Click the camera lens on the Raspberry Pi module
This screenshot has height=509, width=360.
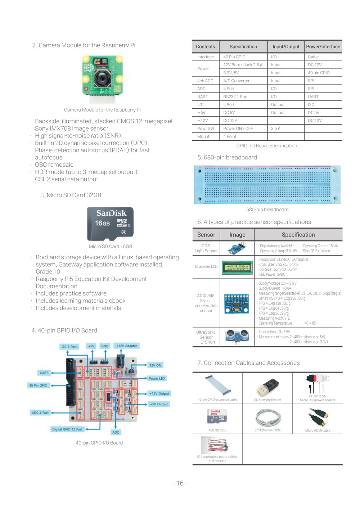pyautogui.click(x=103, y=78)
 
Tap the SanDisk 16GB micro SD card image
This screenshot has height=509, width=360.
pyautogui.click(x=110, y=224)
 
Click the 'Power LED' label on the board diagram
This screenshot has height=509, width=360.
pyautogui.click(x=157, y=378)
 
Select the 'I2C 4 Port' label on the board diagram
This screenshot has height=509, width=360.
pyautogui.click(x=69, y=347)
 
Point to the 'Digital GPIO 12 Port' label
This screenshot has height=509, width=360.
pyautogui.click(x=67, y=429)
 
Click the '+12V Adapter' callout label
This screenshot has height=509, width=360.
pyautogui.click(x=126, y=346)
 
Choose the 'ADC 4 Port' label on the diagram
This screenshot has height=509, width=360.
pyautogui.click(x=40, y=413)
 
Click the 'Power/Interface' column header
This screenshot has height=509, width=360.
pyautogui.click(x=323, y=46)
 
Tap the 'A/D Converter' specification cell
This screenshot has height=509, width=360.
pyautogui.click(x=236, y=81)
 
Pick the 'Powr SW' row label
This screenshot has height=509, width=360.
pyautogui.click(x=206, y=129)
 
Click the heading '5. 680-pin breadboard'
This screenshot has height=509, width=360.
pyautogui.click(x=227, y=157)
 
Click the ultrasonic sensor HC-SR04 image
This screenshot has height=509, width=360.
pyautogui.click(x=237, y=337)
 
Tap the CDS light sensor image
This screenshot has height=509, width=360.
pyautogui.click(x=237, y=248)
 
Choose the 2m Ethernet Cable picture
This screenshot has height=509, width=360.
pyautogui.click(x=267, y=418)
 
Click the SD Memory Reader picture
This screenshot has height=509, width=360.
pyautogui.click(x=267, y=387)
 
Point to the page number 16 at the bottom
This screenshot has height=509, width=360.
pyautogui.click(x=180, y=483)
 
